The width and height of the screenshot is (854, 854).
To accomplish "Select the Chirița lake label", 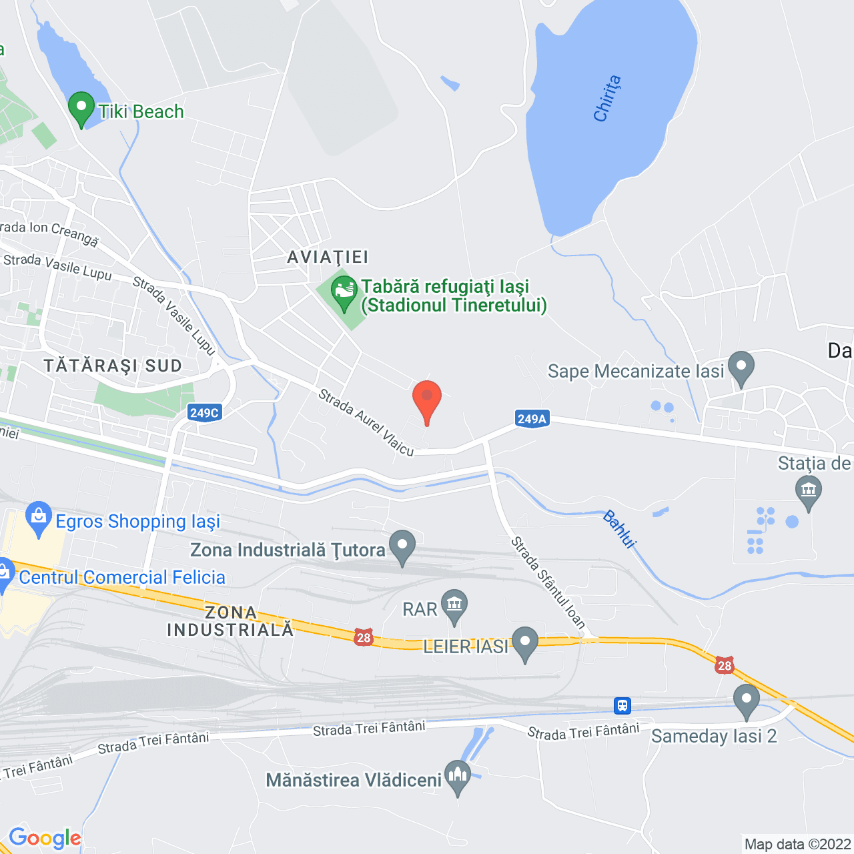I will (x=607, y=99).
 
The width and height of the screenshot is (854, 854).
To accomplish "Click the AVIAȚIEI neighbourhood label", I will (x=328, y=257).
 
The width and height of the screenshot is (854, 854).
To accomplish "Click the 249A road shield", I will (x=532, y=418).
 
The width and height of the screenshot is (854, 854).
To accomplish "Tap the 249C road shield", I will (x=204, y=412).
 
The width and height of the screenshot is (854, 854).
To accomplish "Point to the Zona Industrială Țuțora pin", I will (x=402, y=547).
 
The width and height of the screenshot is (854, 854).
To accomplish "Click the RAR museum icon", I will (x=454, y=606).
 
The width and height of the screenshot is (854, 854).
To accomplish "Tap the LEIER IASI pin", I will (x=525, y=643).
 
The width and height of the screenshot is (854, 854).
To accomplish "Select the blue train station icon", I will (x=622, y=705).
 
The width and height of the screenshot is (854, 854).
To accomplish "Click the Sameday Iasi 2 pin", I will (x=746, y=701).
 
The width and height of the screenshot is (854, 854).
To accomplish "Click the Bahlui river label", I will (x=619, y=529).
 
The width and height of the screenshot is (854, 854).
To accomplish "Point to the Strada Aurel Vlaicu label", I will (x=366, y=422).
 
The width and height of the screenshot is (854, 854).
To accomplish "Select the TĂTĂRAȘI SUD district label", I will (x=113, y=366).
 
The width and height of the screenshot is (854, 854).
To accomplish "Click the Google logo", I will (x=45, y=838).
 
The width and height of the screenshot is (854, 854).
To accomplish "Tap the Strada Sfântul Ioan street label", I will (x=548, y=582).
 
